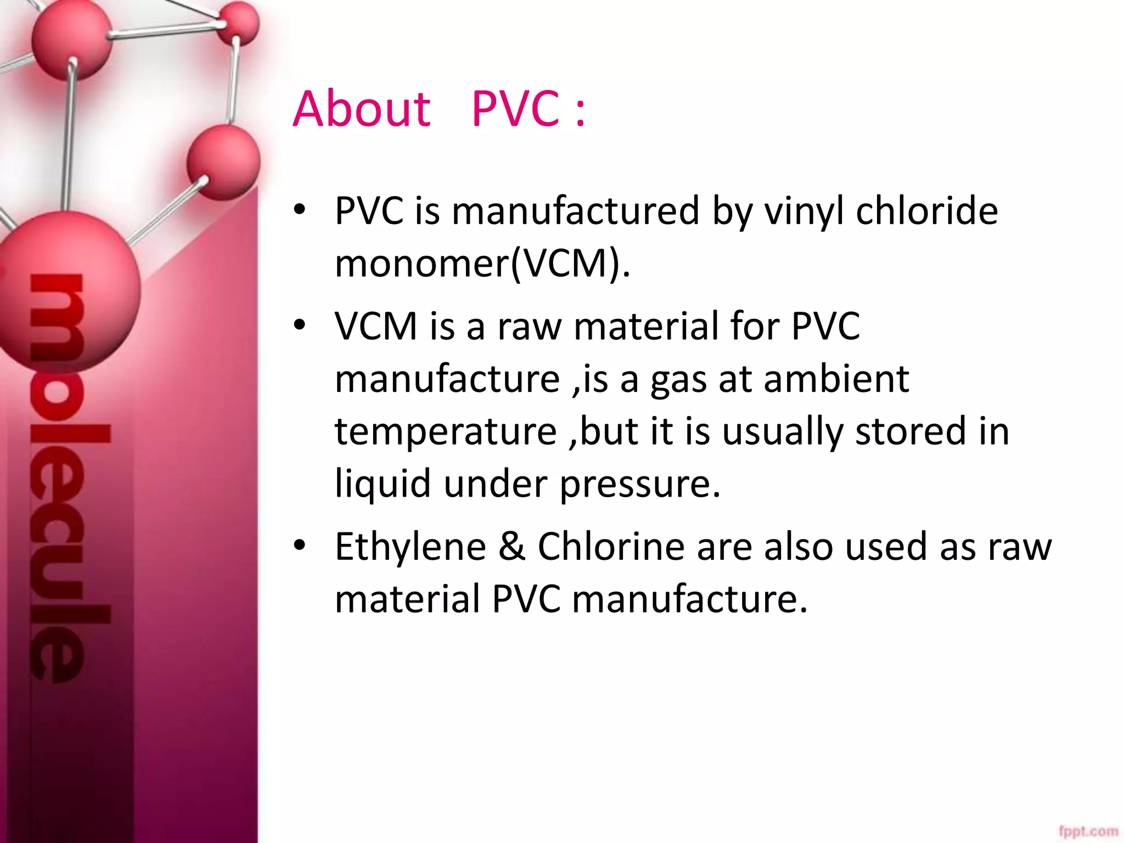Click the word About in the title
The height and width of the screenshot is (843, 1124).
[x=362, y=109]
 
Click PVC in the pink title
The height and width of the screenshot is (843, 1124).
[x=515, y=109]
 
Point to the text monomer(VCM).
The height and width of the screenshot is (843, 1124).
[x=482, y=264]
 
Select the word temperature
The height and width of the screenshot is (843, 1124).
[x=446, y=432]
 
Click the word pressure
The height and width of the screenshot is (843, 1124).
[x=639, y=485]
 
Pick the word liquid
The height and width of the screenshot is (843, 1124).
[x=383, y=485]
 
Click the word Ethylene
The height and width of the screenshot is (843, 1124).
[x=411, y=547]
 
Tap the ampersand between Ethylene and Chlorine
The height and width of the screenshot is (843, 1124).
[x=512, y=547]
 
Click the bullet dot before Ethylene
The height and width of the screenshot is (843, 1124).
[x=299, y=546]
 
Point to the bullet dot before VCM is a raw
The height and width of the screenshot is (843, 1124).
[x=299, y=325]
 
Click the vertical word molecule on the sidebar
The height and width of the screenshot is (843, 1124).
[x=60, y=477]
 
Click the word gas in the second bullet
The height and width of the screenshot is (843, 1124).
[x=678, y=380]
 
